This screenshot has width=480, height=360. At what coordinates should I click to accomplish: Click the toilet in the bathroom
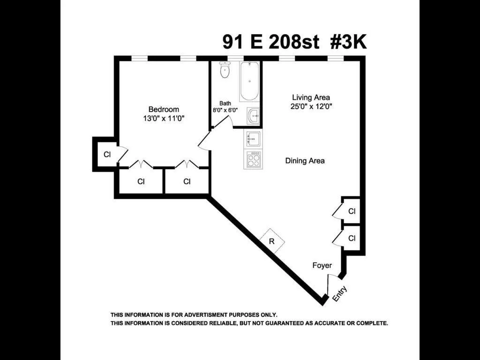click(x=225, y=71)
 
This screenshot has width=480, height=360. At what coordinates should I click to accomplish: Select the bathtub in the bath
click(x=249, y=82)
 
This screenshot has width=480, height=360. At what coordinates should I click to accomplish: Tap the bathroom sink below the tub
click(x=254, y=116)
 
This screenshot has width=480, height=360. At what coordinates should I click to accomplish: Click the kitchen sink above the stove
click(x=253, y=139)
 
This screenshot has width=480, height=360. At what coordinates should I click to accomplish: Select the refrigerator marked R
click(x=272, y=241)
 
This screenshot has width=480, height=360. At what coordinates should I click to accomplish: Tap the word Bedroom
click(x=164, y=109)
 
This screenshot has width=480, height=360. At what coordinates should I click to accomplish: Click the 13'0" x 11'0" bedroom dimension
click(x=164, y=119)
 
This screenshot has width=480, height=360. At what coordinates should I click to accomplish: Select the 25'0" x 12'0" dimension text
click(x=311, y=106)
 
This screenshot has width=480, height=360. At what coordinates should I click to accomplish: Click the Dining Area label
click(x=305, y=161)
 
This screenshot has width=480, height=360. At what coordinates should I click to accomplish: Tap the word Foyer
click(x=322, y=265)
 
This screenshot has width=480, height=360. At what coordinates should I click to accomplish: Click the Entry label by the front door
click(x=340, y=293)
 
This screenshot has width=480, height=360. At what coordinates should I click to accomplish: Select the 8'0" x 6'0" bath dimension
click(x=225, y=111)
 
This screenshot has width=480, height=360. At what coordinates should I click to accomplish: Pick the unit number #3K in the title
click(x=348, y=42)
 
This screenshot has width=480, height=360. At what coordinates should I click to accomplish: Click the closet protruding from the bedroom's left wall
click(x=107, y=154)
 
